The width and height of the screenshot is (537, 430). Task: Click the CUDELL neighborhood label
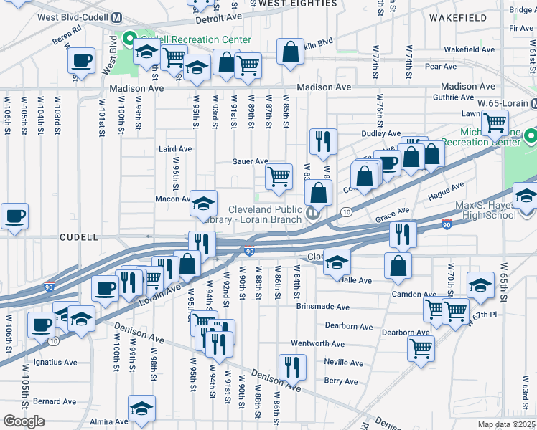coord(79,236)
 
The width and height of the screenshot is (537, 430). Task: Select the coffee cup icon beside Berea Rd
coord(82,60)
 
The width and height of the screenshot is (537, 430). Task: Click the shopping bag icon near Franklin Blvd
coord(289,52)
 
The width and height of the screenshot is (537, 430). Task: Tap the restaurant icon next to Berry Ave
coord(292,367)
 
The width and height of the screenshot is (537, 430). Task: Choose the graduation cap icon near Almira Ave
coord(142,408)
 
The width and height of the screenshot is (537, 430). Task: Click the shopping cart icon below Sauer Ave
coord(279,176)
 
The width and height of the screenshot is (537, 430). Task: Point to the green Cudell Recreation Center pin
coord(130,39)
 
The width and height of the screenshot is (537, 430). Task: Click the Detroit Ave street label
coord(216,20)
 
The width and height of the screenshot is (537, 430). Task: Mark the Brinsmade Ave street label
coord(322,307)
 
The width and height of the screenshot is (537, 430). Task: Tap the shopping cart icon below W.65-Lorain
coord(495,123)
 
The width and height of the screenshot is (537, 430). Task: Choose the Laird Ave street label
coord(175,149)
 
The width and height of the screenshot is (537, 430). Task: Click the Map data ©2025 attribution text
coord(506,424)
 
